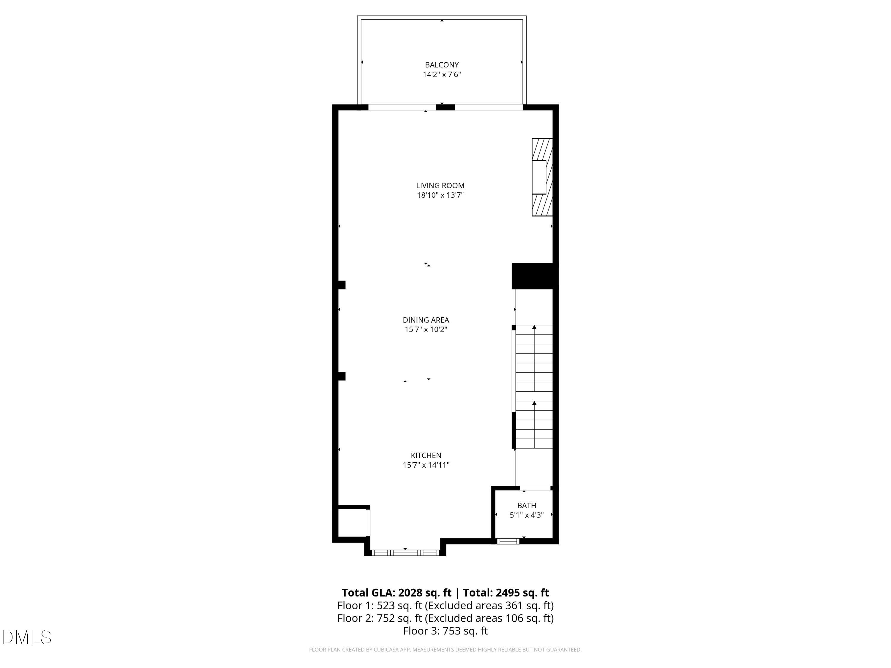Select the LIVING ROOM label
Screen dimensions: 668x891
pos(440,186)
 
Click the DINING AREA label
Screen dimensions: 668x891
pos(426,320)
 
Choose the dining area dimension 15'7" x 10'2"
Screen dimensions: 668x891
pos(426,329)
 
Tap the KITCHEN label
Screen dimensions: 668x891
pos(426,455)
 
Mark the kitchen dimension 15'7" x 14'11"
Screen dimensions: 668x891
pos(426,465)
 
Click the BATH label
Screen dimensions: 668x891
pos(527,505)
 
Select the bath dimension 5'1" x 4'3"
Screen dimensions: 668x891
pos(527,515)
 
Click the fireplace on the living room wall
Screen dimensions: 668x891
pos(542,177)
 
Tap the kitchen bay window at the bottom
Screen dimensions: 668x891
pos(405,553)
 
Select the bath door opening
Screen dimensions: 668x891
pos(536,488)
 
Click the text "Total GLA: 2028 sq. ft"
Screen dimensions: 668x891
pos(396,593)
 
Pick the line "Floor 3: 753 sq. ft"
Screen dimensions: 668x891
pos(445,631)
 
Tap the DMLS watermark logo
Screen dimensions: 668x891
pos(27,637)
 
